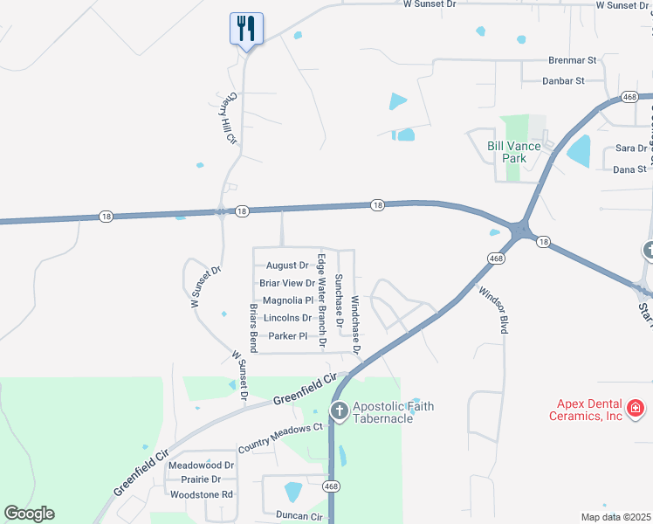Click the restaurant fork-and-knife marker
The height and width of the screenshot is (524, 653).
click(x=246, y=29)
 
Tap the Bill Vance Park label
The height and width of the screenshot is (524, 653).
click(x=507, y=152)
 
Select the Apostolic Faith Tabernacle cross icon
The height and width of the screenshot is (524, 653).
click(x=340, y=410)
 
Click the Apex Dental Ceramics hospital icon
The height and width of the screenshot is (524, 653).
click(x=635, y=407)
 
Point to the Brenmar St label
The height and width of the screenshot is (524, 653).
click(x=572, y=60)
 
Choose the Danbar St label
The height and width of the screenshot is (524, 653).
click(x=563, y=80)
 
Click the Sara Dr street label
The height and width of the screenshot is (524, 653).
click(x=630, y=148)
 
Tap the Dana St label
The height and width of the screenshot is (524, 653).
click(x=629, y=169)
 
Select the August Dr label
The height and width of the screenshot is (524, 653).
click(x=287, y=265)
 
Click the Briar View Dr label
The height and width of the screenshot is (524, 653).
click(x=287, y=283)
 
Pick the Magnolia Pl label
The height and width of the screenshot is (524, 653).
click(x=287, y=300)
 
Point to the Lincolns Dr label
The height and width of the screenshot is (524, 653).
click(x=287, y=318)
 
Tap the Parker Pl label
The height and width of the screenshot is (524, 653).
click(x=288, y=336)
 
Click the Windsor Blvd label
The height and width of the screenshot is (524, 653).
click(x=491, y=309)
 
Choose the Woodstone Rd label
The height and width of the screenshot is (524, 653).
click(x=202, y=494)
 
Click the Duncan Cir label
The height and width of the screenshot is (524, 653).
click(x=299, y=516)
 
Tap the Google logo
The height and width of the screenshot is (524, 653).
click(x=29, y=514)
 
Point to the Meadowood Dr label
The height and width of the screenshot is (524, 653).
click(x=202, y=465)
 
